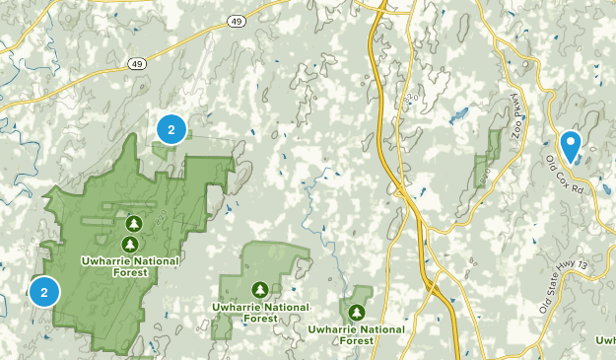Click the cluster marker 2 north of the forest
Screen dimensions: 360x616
tap(171, 128)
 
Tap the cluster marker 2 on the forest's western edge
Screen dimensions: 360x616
tap(44, 292)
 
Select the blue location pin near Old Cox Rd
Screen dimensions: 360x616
tap(570, 145)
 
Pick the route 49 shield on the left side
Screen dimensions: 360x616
tap(136, 63)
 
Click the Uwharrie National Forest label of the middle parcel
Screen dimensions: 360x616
tap(259, 312)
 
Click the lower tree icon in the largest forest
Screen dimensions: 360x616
tap(129, 243)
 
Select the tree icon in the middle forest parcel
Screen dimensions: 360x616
tap(259, 290)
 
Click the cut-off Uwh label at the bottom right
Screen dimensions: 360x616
tap(604, 340)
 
